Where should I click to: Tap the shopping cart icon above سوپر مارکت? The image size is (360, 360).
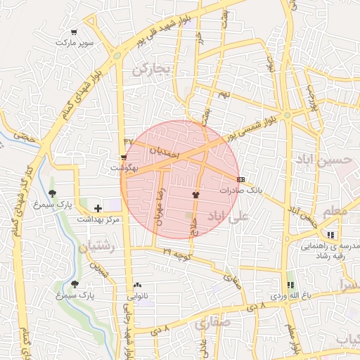click(74, 32)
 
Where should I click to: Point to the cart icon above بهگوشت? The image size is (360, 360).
click(124, 157)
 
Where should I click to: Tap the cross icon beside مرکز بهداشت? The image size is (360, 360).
click(98, 208)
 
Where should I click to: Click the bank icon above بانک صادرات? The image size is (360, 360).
click(240, 179)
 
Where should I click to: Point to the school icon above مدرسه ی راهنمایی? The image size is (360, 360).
click(330, 236)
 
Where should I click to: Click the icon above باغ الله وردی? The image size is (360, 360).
click(290, 285)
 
